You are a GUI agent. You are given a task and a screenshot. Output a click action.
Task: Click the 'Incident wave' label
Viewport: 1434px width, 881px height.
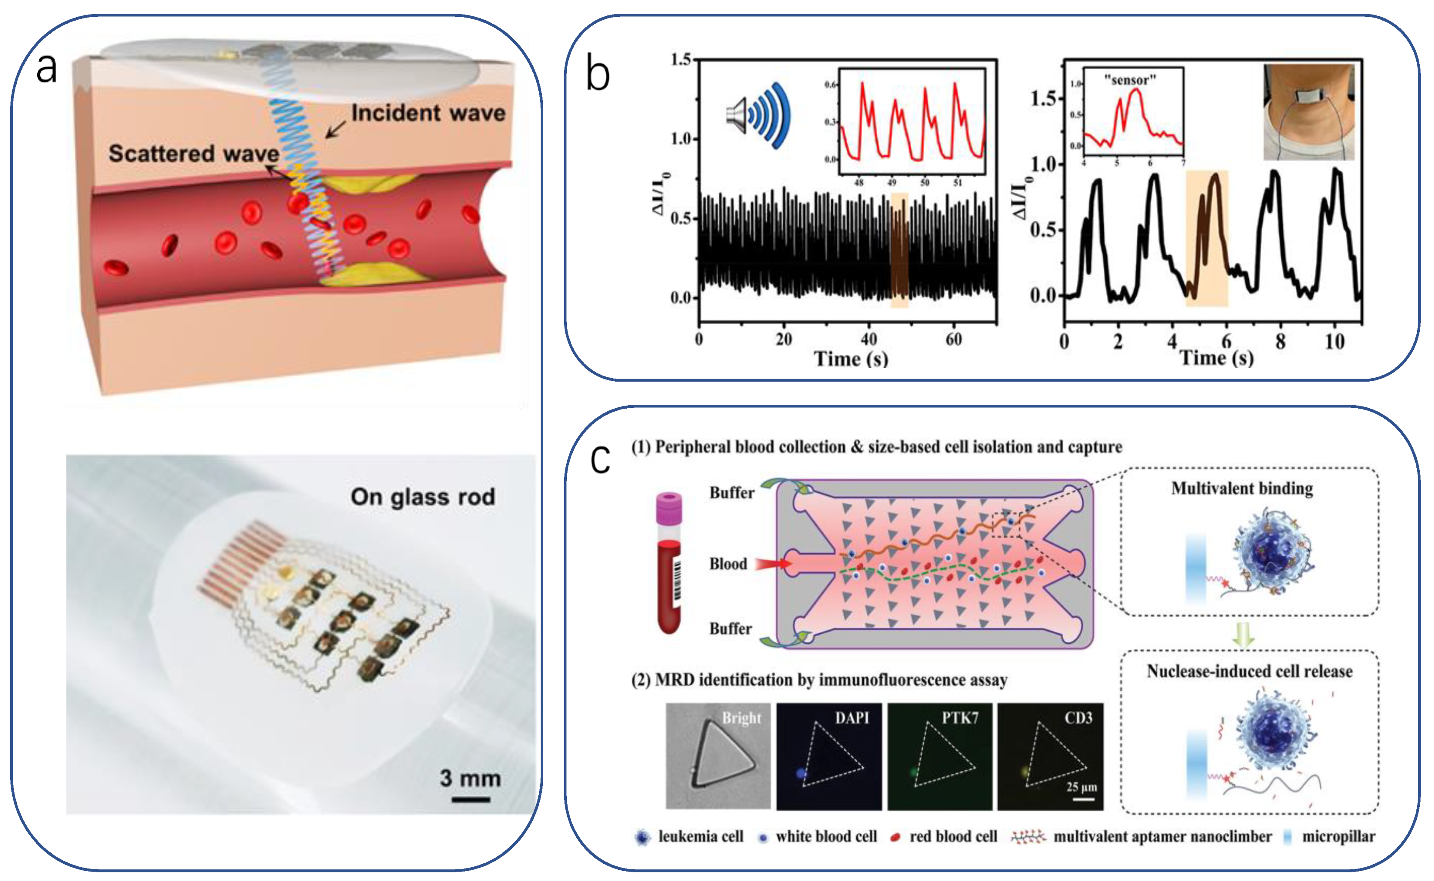click(x=428, y=113)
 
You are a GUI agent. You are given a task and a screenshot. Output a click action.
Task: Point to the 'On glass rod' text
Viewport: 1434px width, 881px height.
click(x=423, y=497)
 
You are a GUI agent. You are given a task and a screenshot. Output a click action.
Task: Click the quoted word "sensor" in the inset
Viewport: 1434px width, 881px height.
click(x=1130, y=80)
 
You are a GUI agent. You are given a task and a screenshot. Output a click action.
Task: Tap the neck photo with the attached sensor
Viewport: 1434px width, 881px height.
click(x=1308, y=112)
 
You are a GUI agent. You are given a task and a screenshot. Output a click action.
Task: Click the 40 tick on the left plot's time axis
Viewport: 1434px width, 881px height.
click(x=868, y=339)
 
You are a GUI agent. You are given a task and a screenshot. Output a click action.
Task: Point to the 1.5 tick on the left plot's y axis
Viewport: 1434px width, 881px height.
click(x=680, y=60)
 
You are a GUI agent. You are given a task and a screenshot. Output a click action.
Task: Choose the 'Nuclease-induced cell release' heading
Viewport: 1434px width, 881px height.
click(x=1249, y=671)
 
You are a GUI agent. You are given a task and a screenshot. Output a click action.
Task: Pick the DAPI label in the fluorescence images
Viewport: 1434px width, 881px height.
click(x=852, y=718)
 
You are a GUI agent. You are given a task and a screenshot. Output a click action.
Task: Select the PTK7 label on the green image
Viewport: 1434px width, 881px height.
click(x=960, y=718)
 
